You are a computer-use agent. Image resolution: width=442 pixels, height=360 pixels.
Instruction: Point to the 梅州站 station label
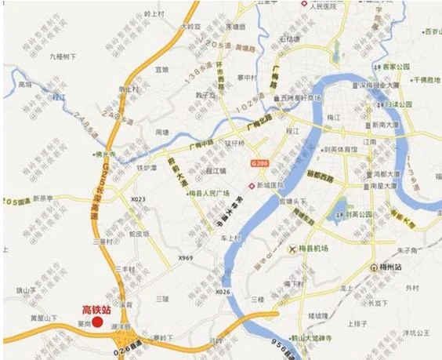pyautogui.click(x=389, y=268)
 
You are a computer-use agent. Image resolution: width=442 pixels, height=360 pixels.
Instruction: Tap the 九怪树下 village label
pyautogui.click(x=61, y=56)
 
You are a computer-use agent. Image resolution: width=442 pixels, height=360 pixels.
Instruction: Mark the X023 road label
pyautogui.click(x=138, y=199)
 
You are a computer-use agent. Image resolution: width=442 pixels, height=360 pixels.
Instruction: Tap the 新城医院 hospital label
pyautogui.click(x=269, y=186)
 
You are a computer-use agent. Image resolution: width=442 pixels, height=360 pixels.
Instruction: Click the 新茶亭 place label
pyautogui.click(x=48, y=198)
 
